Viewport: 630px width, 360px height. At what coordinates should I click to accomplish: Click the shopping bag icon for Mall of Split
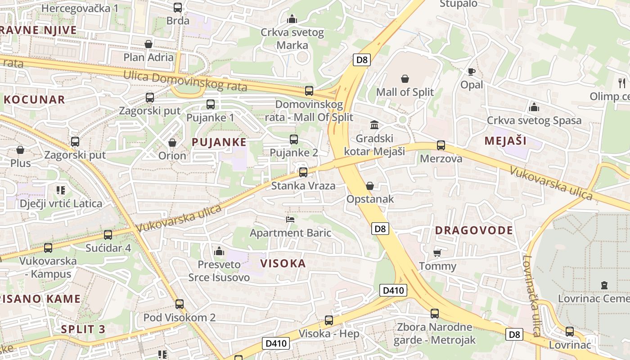[x=405, y=79]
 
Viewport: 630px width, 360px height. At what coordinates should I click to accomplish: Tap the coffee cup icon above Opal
[x=471, y=72]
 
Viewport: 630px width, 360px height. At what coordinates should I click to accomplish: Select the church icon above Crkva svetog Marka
[x=292, y=19]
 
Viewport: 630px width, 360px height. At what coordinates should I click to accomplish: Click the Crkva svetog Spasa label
[x=534, y=121]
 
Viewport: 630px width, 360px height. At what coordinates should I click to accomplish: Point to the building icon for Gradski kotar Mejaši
[x=374, y=125]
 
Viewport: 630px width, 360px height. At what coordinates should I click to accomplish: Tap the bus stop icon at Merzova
[x=441, y=145]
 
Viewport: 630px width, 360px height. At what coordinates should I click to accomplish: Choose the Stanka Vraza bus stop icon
[x=303, y=172]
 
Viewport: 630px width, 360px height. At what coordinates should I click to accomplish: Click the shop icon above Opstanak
[x=370, y=186]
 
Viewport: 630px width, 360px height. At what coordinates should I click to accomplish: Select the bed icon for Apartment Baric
[x=290, y=220]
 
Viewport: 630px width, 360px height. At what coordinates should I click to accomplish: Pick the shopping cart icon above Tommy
[x=437, y=253]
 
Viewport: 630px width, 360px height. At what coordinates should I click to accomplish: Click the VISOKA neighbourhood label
[x=283, y=264]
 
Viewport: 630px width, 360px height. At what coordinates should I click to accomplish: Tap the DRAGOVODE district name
[x=474, y=230]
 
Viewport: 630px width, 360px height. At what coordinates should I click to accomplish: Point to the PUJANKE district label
[x=219, y=142]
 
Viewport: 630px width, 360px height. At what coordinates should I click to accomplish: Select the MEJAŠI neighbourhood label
[x=505, y=140]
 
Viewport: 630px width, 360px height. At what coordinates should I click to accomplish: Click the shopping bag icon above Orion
[x=172, y=143]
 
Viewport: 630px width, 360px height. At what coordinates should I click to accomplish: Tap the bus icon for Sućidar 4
[x=108, y=234]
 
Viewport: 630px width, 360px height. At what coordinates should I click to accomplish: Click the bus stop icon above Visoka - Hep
[x=329, y=320]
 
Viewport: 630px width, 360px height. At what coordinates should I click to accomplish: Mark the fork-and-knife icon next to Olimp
[x=622, y=83]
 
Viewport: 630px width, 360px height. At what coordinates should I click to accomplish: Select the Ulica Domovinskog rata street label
[x=185, y=81]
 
